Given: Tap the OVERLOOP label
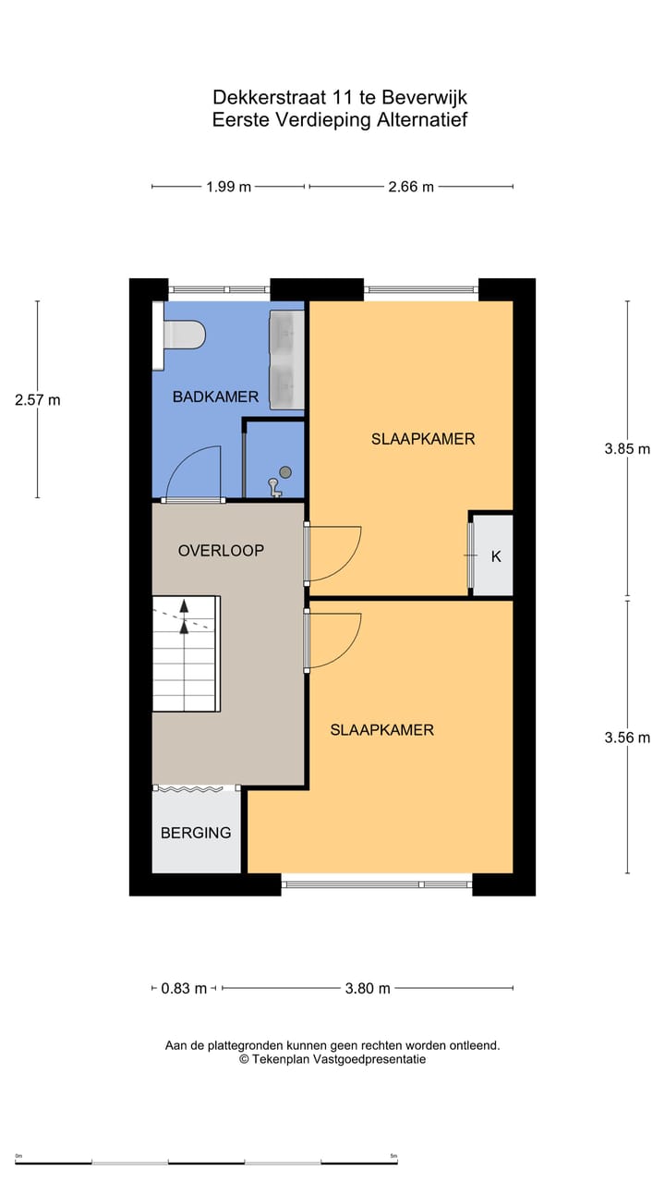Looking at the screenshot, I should coord(221,550).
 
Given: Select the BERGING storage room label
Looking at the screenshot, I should coord(196,833).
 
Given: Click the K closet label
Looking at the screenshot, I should coord(496,556).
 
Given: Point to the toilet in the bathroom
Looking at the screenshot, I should coord(181,334).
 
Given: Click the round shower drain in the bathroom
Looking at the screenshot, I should coord(285,472).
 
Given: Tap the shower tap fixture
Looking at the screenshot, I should coord(273,487).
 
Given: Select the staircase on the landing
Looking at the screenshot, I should coord(187,653).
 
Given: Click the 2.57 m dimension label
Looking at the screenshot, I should coord(38,400).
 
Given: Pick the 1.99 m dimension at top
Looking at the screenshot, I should coord(228,187).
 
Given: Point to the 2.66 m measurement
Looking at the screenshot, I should coord(411,187).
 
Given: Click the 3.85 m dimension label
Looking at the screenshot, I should coord(627,449).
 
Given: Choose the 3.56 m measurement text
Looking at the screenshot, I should coord(627,738).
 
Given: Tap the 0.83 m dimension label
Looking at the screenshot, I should coord(184,988).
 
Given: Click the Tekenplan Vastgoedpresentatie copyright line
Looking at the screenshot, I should coord(332,1060).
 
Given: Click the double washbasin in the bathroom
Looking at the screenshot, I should coord(286,360).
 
